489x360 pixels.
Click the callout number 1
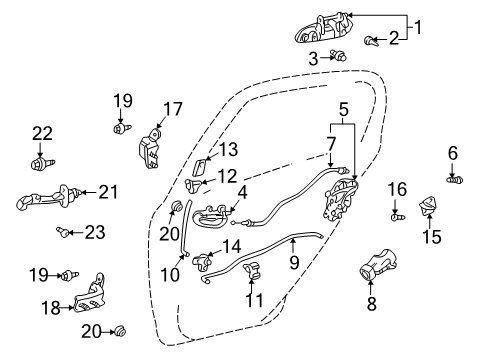418,27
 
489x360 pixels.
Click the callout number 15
431,236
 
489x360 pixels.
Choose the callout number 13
228,150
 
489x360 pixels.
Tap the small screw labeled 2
371,40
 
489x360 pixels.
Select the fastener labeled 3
339,58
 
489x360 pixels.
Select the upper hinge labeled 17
149,148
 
